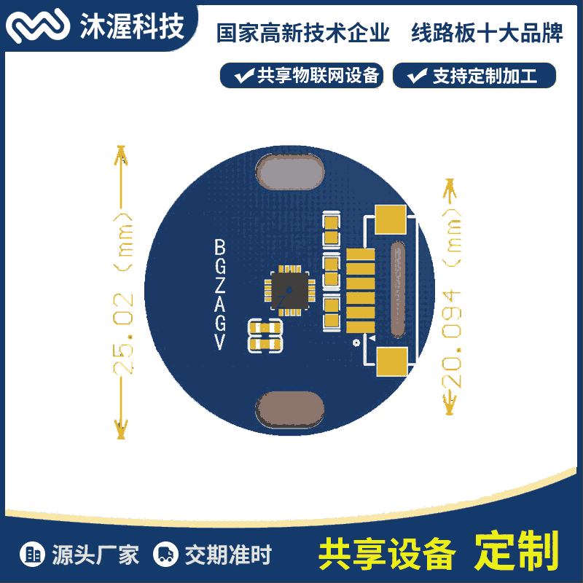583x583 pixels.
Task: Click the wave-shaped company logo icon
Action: tap(38, 26)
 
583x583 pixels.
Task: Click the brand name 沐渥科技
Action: tap(132, 26)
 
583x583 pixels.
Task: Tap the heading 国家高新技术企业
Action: tap(302, 33)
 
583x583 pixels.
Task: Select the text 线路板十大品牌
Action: tap(487, 33)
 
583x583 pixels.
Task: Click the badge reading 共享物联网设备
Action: tap(302, 76)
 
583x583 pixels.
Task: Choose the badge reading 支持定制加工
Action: tap(474, 76)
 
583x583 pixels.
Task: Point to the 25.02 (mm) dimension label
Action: tap(123, 294)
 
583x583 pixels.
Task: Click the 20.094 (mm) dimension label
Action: tap(451, 298)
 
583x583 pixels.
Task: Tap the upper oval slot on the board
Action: tap(290, 171)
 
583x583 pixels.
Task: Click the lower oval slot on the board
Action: tap(290, 409)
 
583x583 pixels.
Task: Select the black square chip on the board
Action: tap(289, 290)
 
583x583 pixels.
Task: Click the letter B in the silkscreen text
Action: tap(220, 246)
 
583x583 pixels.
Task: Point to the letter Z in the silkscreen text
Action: tap(220, 285)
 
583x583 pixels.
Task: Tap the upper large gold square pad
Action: tap(391, 219)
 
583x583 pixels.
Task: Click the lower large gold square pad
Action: tap(392, 361)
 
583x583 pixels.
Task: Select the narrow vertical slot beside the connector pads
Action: tap(397, 289)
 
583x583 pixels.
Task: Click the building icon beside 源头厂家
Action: tap(32, 554)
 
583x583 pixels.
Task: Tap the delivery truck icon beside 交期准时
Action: tap(165, 554)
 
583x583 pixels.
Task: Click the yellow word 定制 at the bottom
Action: tap(517, 551)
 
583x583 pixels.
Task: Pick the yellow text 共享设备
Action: tap(387, 554)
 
